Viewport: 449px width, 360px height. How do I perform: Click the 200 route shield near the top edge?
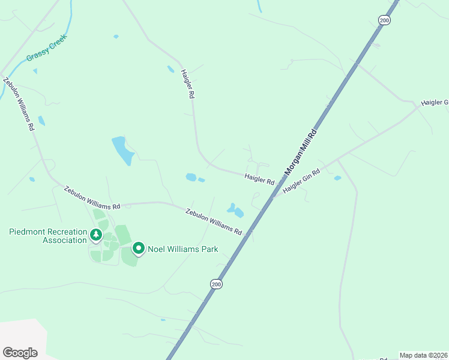[x=384, y=20]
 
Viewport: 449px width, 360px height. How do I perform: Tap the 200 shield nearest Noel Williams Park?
[x=216, y=283]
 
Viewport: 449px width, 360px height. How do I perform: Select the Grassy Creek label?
[x=47, y=49]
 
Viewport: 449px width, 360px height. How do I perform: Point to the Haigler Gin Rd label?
[x=301, y=180]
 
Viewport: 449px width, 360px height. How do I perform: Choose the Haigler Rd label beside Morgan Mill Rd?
[x=259, y=178]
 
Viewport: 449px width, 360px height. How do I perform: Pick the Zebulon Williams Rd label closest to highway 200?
[x=214, y=221]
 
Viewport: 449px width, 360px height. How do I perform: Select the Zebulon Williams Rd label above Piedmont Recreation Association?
[x=92, y=198]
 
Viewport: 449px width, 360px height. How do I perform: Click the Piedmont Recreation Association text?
[x=48, y=236]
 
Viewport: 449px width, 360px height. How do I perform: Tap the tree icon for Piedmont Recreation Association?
[x=95, y=236]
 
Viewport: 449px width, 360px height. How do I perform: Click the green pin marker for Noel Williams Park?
[x=139, y=248]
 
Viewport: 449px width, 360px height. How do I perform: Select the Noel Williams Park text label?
[x=182, y=249]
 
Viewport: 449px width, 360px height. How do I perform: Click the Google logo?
[x=20, y=353]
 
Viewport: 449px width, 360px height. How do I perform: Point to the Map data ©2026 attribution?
[x=423, y=355]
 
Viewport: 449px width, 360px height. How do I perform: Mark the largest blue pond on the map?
[x=122, y=150]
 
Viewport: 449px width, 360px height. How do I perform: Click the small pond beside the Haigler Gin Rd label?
[x=337, y=178]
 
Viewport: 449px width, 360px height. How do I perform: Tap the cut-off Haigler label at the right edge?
[x=435, y=103]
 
